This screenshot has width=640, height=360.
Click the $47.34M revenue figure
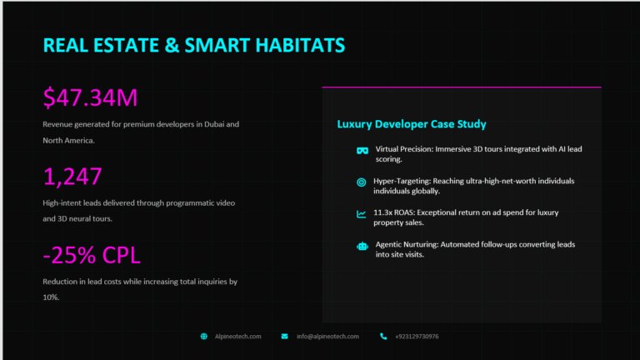coord(90,98)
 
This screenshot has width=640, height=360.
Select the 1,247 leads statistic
coord(72,177)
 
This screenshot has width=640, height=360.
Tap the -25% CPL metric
coord(92,255)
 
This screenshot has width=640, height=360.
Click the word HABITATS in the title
coord(300,45)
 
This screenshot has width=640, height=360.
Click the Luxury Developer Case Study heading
coord(412,124)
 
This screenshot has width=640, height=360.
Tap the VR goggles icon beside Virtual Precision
coord(362,151)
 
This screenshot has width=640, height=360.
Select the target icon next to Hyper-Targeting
coord(361,182)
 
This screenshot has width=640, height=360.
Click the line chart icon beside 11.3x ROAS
coord(361,214)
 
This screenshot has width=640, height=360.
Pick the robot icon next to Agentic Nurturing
coord(362,246)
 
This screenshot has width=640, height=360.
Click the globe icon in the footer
coord(203,337)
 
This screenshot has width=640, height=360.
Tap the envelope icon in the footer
coord(284,337)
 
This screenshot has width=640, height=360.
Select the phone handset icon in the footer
coord(383,337)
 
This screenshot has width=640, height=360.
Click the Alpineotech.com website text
coord(238,337)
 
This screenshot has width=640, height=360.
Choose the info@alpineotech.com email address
coord(327,337)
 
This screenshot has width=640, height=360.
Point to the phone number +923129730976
coord(417,337)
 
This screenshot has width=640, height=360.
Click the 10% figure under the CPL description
coord(51,297)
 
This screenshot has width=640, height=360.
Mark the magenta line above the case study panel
coord(462,87)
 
